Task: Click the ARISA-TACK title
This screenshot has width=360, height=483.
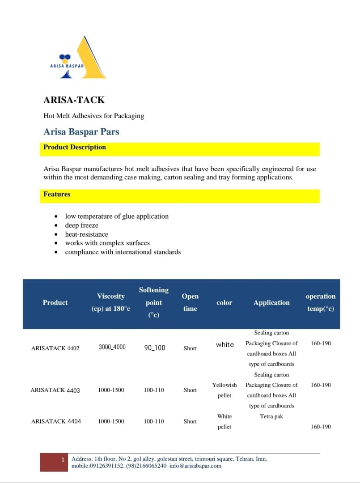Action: click(74, 100)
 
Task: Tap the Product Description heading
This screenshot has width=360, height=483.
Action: click(75, 147)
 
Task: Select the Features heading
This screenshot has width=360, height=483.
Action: click(57, 194)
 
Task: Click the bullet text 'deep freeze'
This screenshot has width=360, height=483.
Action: click(81, 225)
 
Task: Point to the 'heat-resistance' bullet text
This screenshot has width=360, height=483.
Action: click(86, 234)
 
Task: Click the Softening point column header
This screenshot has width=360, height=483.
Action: click(153, 302)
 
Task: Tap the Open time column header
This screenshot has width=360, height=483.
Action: click(190, 302)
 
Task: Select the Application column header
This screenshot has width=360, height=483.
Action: click(271, 303)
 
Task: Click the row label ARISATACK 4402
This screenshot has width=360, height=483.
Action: click(55, 348)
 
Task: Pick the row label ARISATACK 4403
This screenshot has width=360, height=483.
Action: click(55, 390)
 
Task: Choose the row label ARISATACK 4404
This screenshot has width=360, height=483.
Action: click(56, 421)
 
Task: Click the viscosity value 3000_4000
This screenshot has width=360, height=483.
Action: click(112, 347)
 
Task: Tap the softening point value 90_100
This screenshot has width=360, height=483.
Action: click(154, 347)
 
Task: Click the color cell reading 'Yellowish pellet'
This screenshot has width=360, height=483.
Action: click(224, 390)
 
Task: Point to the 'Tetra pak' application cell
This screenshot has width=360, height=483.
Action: click(271, 416)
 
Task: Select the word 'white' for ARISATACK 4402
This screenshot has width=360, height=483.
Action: click(224, 344)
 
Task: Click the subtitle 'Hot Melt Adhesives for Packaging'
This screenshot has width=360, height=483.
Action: click(94, 116)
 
